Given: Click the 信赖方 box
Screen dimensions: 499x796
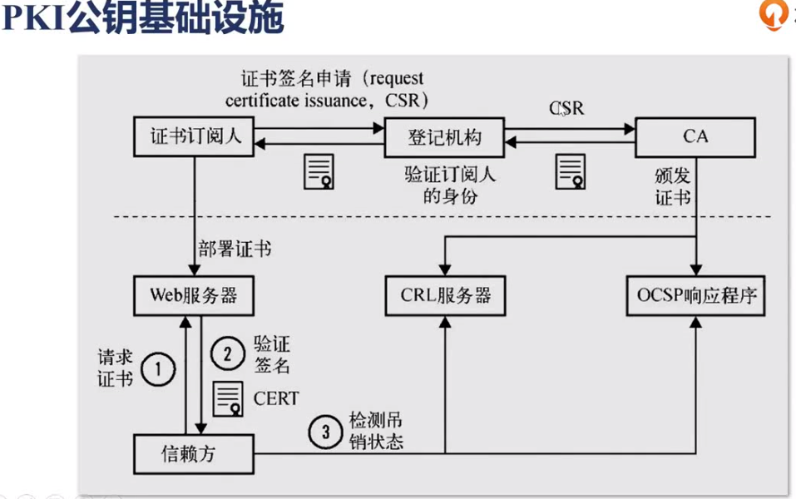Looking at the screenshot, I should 193,454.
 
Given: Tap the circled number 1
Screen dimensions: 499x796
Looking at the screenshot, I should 157,368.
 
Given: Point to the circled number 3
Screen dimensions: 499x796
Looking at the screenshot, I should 325,431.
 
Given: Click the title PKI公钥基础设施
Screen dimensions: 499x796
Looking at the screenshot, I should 142,18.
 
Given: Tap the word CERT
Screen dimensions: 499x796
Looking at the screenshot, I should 276,398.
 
